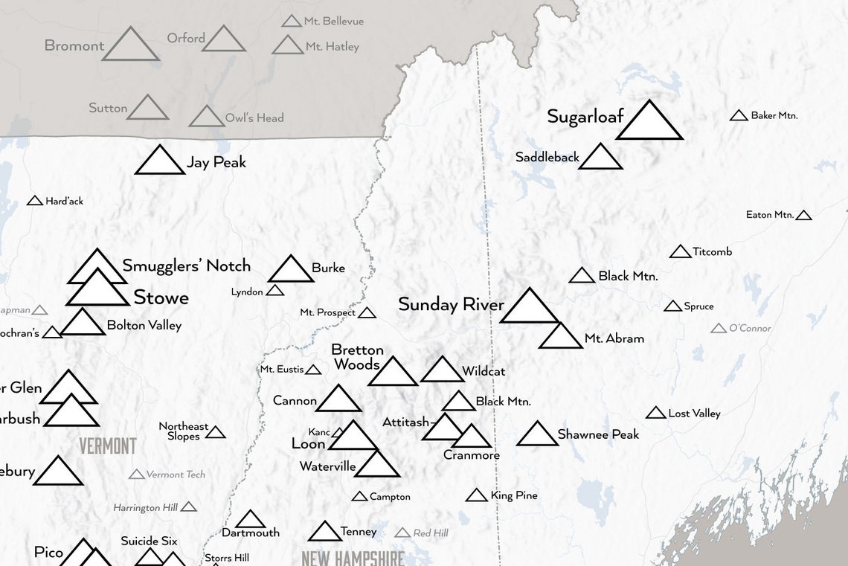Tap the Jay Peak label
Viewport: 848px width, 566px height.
(216, 162)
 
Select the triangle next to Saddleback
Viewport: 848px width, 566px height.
(600, 158)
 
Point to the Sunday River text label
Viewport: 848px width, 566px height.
(451, 304)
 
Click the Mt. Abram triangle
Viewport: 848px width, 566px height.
(560, 338)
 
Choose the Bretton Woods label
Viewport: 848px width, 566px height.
(357, 357)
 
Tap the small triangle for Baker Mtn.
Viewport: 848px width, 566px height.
(739, 116)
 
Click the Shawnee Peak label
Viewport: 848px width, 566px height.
(598, 434)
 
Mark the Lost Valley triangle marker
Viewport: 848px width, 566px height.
(655, 414)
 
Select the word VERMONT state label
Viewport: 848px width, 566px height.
(108, 446)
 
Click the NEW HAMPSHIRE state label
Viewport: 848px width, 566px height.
(353, 558)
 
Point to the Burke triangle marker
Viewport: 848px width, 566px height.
(291, 271)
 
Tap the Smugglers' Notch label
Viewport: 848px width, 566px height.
(186, 266)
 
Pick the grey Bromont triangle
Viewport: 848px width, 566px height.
(130, 47)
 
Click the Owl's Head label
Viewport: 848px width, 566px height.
(254, 118)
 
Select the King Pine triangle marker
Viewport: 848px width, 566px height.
(477, 495)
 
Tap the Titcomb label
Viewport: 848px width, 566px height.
(712, 251)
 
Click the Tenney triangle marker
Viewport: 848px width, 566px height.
(324, 533)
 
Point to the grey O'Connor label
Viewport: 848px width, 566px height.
(750, 328)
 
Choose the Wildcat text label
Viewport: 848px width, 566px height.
(484, 371)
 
